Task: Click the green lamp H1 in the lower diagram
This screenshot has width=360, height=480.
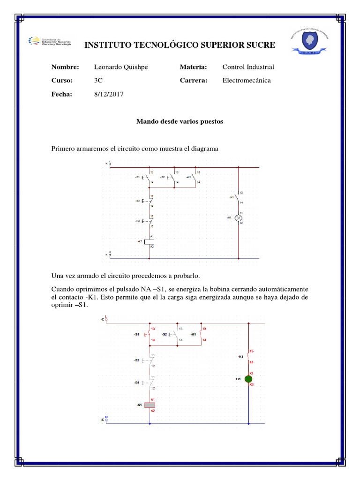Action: (x=248, y=379)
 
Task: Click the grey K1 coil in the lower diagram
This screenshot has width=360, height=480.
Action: (x=150, y=405)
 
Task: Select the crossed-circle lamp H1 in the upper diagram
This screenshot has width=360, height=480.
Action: (x=239, y=218)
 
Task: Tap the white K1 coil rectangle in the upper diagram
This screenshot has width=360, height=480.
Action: (x=149, y=242)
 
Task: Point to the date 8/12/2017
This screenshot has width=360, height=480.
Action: (x=109, y=94)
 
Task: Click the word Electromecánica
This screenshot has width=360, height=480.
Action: (x=246, y=81)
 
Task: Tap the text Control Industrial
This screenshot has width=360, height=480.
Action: (x=248, y=67)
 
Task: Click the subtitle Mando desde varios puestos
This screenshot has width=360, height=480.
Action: (x=180, y=121)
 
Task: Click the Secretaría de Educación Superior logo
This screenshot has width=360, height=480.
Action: (x=50, y=41)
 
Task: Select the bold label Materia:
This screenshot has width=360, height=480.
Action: (x=193, y=67)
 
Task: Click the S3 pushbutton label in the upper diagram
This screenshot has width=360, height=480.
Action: (x=137, y=201)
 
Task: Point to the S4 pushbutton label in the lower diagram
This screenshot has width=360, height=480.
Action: (x=136, y=383)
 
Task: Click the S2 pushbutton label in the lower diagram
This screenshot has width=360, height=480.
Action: (x=165, y=334)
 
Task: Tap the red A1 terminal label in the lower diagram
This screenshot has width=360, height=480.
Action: (x=153, y=399)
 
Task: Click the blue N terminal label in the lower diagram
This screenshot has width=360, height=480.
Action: (x=106, y=416)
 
